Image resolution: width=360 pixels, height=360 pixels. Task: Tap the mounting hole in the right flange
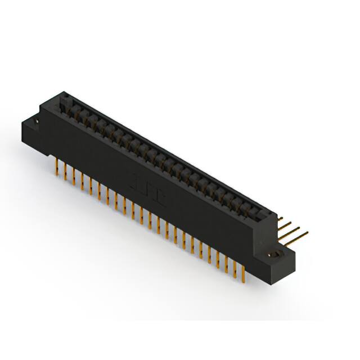[276, 255]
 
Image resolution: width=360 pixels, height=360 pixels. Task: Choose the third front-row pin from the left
[74, 177]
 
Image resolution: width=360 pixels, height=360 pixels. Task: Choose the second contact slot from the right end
[253, 208]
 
